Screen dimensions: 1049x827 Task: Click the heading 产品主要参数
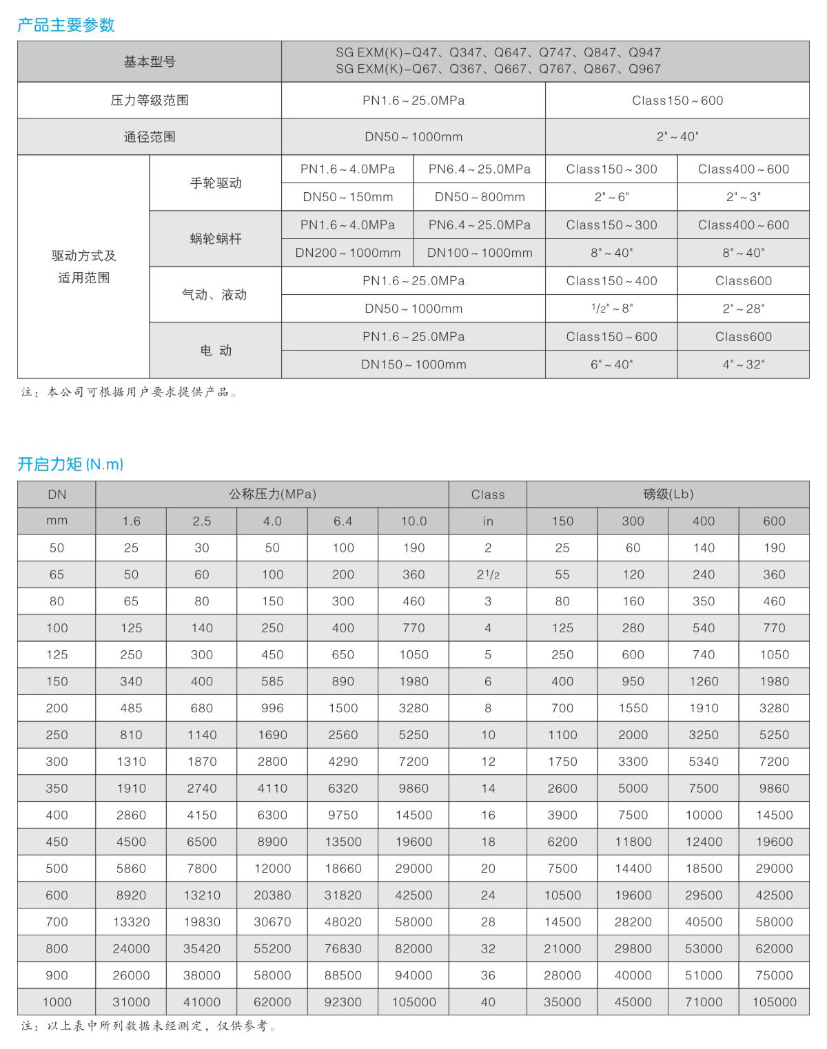[x=66, y=25]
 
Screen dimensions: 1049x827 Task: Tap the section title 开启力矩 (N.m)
[x=70, y=464]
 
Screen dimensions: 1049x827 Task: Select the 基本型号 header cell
[x=150, y=62]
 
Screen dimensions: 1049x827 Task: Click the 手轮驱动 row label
[x=216, y=183]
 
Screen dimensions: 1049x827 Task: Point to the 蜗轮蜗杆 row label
[x=216, y=239]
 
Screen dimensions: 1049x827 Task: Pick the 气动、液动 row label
[x=214, y=295]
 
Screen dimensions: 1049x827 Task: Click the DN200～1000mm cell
[x=348, y=253]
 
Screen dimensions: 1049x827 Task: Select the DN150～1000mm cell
[x=413, y=364]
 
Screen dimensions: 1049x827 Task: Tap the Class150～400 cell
[x=611, y=281]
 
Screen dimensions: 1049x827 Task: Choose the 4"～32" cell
[x=744, y=364]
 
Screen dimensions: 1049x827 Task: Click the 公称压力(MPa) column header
[x=272, y=495]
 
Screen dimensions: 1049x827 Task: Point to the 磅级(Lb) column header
[x=668, y=495]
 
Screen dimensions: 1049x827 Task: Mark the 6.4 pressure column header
[x=343, y=521]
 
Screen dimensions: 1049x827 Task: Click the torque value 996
[x=272, y=708]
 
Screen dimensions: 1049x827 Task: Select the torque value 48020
[x=343, y=922]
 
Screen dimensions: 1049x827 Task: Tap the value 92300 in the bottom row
[x=343, y=1002]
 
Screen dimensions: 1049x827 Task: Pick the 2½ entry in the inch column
[x=488, y=574]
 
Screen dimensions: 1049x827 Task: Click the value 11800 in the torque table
[x=633, y=842]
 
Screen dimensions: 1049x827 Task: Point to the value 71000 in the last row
[x=704, y=1002]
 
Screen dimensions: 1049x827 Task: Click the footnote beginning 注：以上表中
[x=149, y=1026]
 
